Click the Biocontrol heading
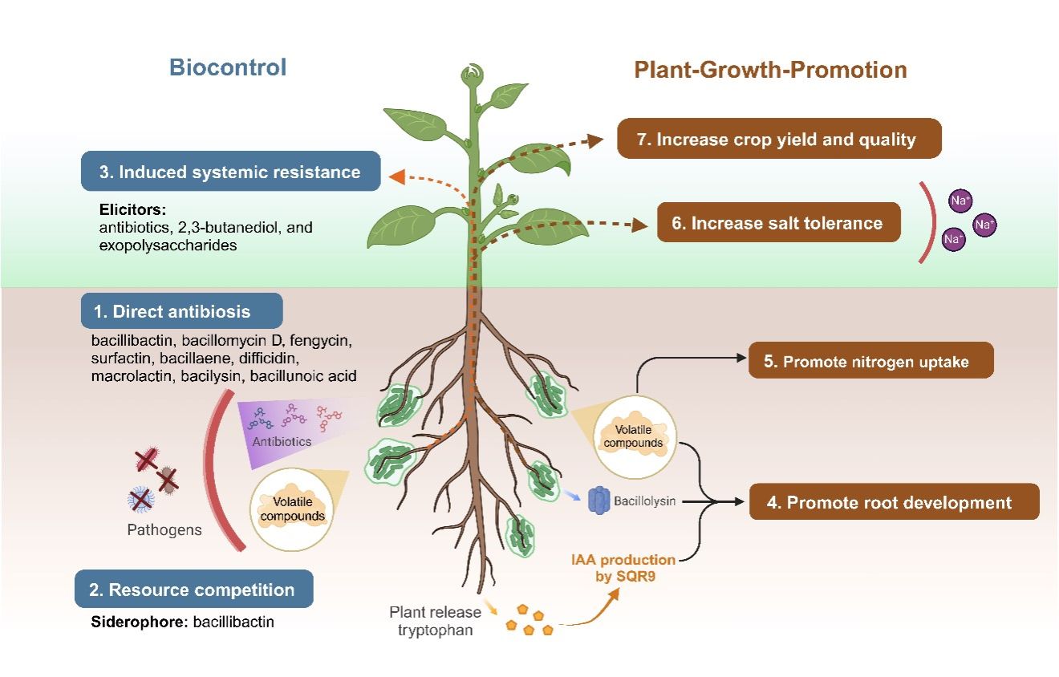(x=227, y=67)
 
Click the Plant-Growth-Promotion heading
(x=770, y=70)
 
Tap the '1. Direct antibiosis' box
(x=182, y=311)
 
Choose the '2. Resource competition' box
(x=193, y=590)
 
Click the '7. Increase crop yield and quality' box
(x=778, y=139)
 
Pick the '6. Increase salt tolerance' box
(x=778, y=223)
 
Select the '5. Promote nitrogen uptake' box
(x=870, y=361)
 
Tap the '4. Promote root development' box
(x=894, y=503)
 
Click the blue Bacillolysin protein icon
(x=599, y=501)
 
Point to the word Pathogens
(x=164, y=529)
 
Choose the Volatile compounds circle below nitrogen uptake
(x=634, y=436)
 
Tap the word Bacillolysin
(x=645, y=502)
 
